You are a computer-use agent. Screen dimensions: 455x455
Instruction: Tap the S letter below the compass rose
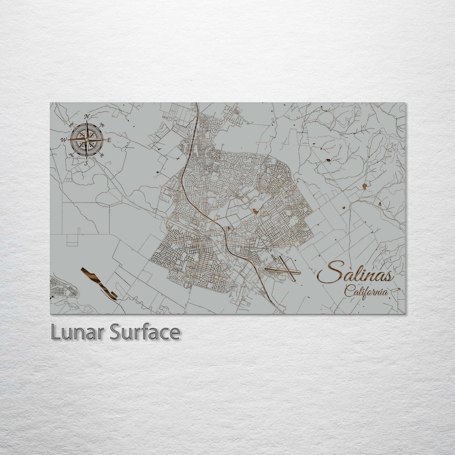click(86, 163)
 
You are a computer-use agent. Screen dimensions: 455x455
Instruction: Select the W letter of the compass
click(64, 140)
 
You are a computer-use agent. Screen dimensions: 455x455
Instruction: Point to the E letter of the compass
click(109, 140)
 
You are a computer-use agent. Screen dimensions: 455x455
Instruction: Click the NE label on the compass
click(102, 125)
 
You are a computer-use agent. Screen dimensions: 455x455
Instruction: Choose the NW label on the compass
click(72, 125)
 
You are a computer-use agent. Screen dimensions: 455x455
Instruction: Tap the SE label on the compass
click(102, 155)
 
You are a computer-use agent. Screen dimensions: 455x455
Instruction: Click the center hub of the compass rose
click(87, 139)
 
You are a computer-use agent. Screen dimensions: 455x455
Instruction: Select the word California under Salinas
click(366, 292)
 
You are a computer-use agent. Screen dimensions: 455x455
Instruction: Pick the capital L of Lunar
click(56, 333)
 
